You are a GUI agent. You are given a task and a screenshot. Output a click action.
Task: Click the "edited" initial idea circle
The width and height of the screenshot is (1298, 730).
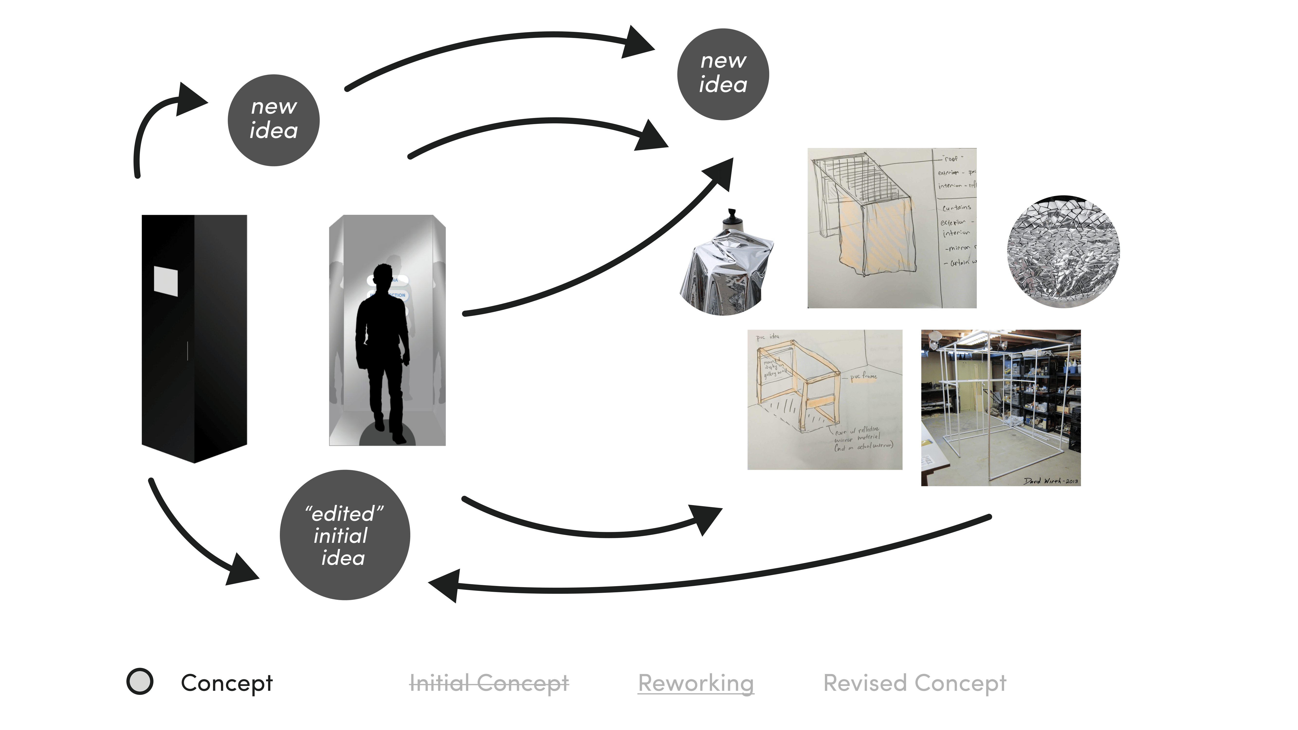[x=345, y=535]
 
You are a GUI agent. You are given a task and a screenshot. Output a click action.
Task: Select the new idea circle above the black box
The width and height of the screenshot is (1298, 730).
[x=274, y=120]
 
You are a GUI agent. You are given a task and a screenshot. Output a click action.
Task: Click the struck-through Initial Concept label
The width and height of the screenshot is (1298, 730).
[x=489, y=683]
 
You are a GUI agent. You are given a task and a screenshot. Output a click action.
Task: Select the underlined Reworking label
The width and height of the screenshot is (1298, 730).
[x=696, y=683]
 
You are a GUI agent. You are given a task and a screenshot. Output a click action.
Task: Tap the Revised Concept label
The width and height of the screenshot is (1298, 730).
[x=914, y=683]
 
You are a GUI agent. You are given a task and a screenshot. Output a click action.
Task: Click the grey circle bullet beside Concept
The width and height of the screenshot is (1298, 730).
[x=140, y=682]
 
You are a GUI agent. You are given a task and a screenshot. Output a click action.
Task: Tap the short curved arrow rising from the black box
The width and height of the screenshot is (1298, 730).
[x=151, y=126]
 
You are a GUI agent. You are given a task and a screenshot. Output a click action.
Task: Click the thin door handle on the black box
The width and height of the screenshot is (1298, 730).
[x=187, y=351]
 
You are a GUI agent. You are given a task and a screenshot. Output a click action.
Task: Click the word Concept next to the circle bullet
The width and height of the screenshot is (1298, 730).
[x=227, y=683]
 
